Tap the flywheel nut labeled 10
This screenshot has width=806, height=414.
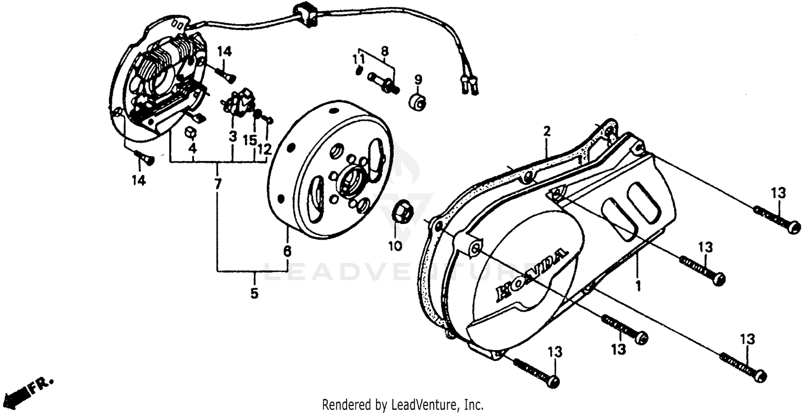404,212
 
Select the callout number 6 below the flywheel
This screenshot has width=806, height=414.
287,251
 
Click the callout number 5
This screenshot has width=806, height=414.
254,293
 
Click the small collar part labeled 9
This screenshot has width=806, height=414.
418,101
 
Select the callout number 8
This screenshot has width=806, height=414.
384,52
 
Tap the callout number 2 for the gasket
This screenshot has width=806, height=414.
547,131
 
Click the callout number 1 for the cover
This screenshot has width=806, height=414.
638,285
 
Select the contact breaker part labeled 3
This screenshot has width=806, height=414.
237,102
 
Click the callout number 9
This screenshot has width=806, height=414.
418,80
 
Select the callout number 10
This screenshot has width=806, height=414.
395,246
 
